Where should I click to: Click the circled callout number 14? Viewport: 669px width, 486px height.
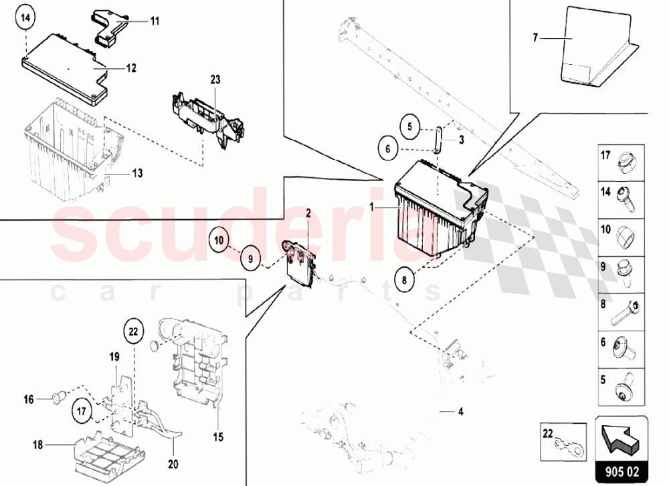(x=26, y=18)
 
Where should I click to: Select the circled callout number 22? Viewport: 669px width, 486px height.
(x=134, y=331)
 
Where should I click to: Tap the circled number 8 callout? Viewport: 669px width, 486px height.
(x=405, y=279)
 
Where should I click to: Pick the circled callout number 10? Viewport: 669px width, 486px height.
(x=219, y=241)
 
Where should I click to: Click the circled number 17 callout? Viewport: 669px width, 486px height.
(x=82, y=411)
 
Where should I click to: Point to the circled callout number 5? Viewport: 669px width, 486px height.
(x=410, y=127)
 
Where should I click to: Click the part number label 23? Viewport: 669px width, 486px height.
(x=215, y=80)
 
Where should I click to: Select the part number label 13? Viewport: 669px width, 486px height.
(x=137, y=174)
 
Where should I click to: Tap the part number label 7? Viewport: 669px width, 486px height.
(x=535, y=38)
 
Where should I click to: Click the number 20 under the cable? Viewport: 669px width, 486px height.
(x=173, y=464)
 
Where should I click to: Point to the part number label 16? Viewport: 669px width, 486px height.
(x=29, y=400)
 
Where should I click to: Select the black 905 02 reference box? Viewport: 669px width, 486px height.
(x=622, y=471)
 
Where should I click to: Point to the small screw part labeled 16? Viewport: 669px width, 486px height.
(x=57, y=398)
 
